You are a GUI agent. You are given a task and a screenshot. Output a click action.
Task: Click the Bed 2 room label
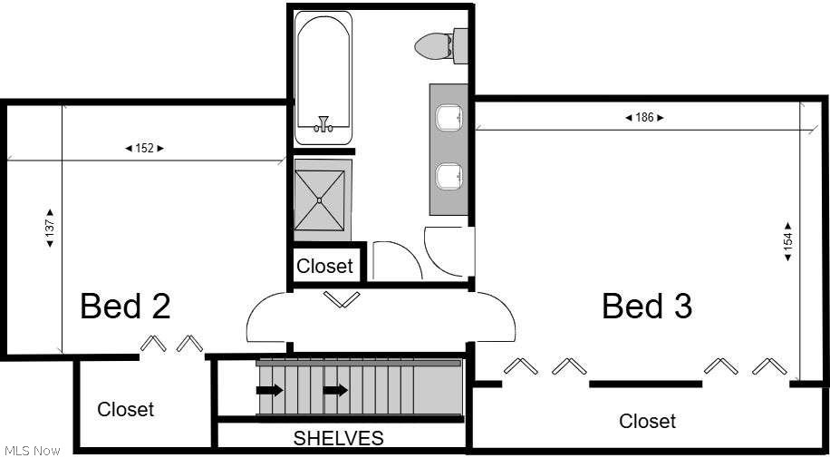[125, 307]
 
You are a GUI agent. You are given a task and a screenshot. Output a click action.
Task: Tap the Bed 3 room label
[647, 307]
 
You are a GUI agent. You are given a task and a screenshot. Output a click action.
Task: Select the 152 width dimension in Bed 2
[144, 148]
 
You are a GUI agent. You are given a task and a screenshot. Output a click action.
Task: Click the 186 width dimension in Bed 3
[644, 117]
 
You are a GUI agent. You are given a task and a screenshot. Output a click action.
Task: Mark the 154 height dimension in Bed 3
[787, 241]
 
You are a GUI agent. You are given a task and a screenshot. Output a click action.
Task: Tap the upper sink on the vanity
[449, 118]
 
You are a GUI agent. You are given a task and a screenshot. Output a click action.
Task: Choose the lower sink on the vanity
[449, 176]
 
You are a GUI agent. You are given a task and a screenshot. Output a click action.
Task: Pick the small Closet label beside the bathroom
[324, 266]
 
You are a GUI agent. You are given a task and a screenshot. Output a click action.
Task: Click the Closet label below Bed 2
[126, 409]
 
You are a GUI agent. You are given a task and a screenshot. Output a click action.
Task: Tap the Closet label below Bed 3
[647, 421]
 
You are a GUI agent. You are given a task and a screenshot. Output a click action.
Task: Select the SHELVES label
[338, 438]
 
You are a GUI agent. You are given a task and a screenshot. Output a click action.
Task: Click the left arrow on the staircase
[269, 390]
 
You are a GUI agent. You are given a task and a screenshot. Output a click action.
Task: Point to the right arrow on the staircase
[336, 390]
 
